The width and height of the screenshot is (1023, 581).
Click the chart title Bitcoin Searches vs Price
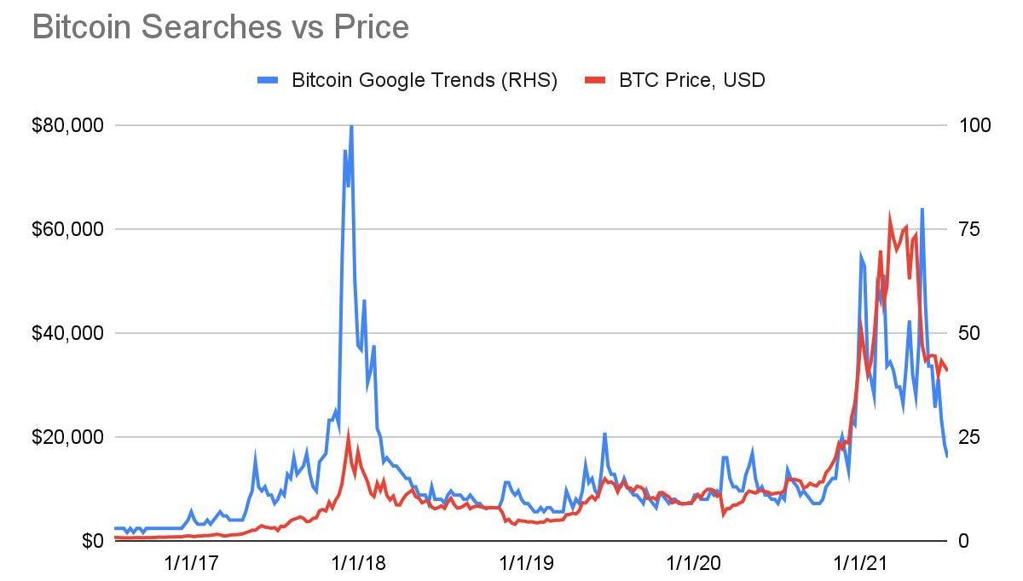point(220,27)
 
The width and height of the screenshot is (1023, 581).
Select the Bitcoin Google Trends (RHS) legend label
point(424,80)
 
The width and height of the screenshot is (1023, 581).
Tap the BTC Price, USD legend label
point(692,80)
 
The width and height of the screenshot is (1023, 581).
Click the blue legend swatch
point(269,80)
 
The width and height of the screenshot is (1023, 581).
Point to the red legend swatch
point(594,80)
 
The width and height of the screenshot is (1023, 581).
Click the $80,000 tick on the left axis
point(67,125)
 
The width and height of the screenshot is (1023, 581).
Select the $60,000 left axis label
point(67,229)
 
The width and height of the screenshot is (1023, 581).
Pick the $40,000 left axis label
point(67,333)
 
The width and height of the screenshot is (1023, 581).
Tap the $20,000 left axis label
point(67,437)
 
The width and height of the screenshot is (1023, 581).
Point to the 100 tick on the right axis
point(975,125)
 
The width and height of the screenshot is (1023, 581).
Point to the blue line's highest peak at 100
point(351,127)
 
